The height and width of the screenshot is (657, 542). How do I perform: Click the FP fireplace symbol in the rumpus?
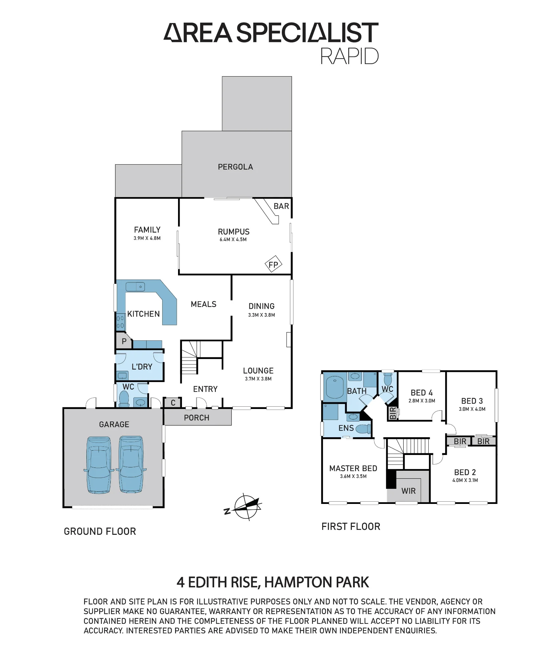(x=273, y=264)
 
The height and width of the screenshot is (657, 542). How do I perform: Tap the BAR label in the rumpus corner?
(x=281, y=206)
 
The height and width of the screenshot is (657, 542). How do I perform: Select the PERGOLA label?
(x=236, y=167)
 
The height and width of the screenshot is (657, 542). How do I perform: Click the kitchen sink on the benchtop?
(x=135, y=287)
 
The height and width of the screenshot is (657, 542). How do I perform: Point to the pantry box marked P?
(x=124, y=341)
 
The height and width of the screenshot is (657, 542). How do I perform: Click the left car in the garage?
(x=99, y=465)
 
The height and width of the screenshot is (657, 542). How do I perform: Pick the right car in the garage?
(x=131, y=464)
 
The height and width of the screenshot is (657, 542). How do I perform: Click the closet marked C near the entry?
(x=173, y=403)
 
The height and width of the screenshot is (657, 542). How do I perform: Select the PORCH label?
(x=196, y=418)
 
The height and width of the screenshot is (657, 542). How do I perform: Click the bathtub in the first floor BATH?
(x=334, y=387)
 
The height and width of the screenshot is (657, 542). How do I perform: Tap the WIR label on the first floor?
(x=408, y=491)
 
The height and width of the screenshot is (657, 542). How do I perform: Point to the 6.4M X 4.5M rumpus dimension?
(x=233, y=239)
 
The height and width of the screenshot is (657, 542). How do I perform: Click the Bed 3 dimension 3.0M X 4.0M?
(x=472, y=409)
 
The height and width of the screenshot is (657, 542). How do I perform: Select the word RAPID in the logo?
(x=349, y=56)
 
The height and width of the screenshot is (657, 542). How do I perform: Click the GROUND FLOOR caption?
(x=100, y=532)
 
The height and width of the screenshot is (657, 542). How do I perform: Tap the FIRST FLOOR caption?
(x=351, y=527)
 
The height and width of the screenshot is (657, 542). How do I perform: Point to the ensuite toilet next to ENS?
(x=363, y=429)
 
